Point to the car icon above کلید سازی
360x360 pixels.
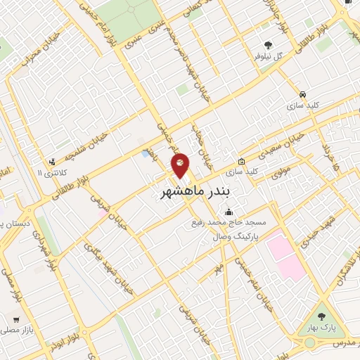[x=302, y=93]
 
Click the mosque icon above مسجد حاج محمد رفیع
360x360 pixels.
[x=228, y=212]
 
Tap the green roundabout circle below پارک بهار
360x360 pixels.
[x=310, y=343]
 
